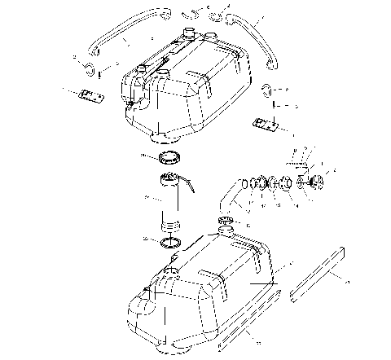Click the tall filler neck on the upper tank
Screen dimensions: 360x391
(189, 36)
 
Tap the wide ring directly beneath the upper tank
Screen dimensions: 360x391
(169, 157)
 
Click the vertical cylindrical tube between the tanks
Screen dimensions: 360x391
(171, 200)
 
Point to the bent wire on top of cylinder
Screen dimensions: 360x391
(189, 188)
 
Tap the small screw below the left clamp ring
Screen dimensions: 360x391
(99, 76)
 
